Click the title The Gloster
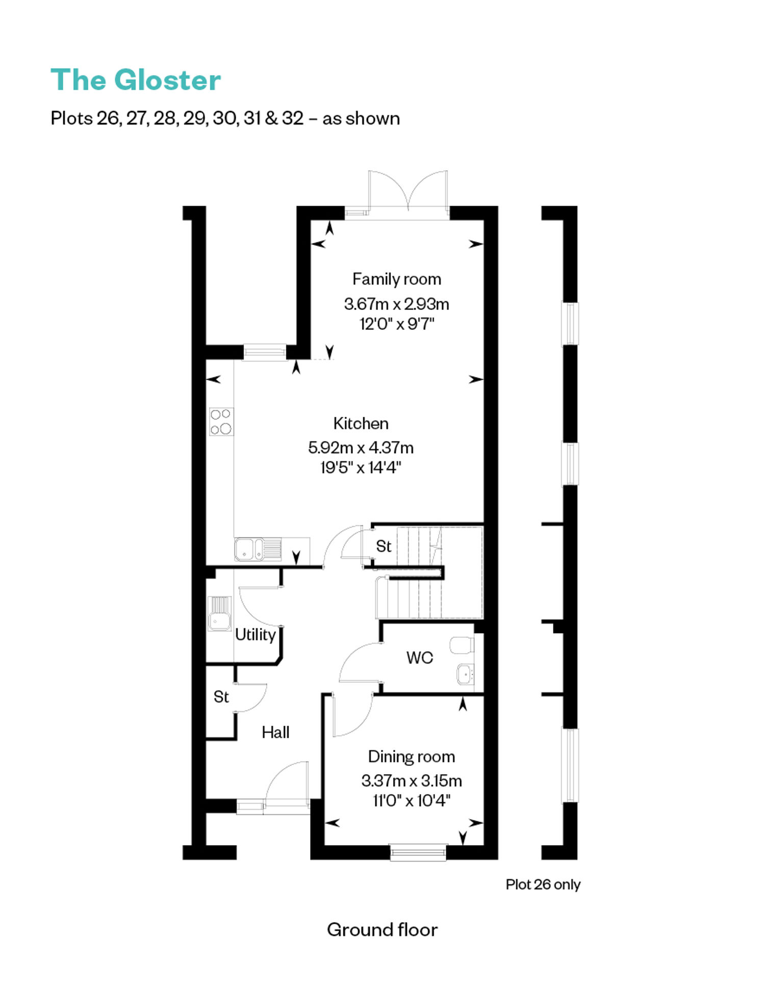point(136,80)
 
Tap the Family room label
point(397,279)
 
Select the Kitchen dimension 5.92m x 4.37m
point(361,448)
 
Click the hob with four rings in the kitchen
point(221,422)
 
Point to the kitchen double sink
point(258,549)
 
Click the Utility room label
point(256,635)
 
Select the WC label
point(420,658)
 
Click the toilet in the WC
point(462,645)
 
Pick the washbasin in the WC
point(466,674)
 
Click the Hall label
point(275,732)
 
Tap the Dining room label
point(412,756)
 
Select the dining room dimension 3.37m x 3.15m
point(412,781)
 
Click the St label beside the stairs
point(384,546)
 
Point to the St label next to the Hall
point(221,697)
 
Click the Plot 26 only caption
point(543,884)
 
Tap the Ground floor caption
point(382,930)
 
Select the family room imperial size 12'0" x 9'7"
point(397,324)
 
